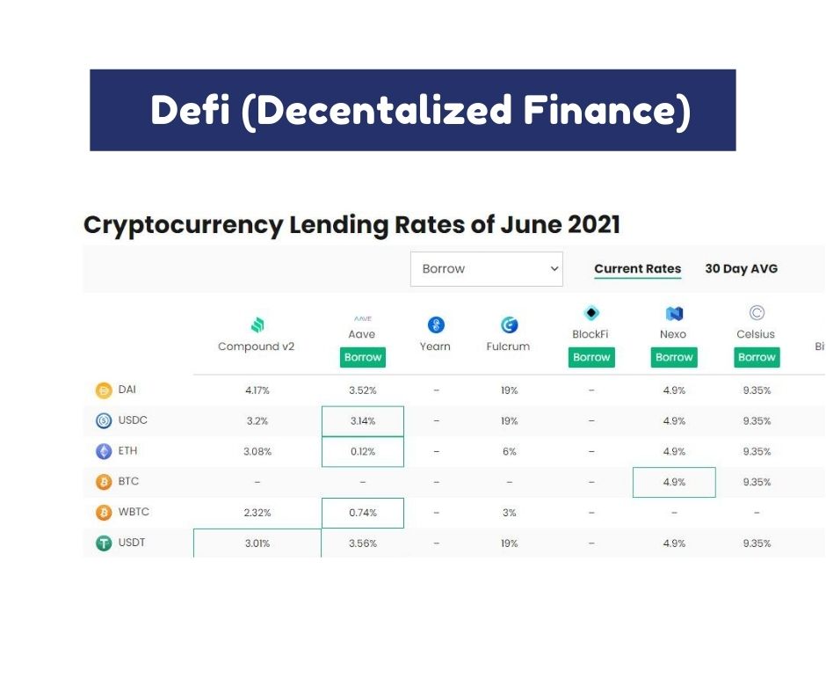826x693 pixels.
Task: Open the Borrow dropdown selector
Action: click(x=486, y=269)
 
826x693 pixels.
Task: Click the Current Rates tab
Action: click(x=637, y=268)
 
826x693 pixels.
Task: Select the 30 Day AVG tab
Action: click(x=741, y=268)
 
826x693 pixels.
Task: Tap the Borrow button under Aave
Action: click(x=362, y=357)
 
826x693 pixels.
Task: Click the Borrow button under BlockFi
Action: click(x=591, y=357)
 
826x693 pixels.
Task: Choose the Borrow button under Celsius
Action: click(x=757, y=357)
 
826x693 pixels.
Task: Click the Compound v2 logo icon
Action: click(x=257, y=325)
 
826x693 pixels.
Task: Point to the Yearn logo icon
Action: click(x=436, y=325)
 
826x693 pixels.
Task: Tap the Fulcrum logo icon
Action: click(x=509, y=325)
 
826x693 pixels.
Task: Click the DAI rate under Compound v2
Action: click(x=257, y=390)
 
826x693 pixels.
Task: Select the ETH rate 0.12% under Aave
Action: click(x=362, y=451)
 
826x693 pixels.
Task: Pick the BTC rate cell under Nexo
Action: click(x=674, y=482)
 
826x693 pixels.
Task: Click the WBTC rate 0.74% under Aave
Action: click(x=362, y=513)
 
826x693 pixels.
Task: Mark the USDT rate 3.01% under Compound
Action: click(x=257, y=543)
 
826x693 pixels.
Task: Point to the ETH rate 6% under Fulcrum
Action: click(x=509, y=451)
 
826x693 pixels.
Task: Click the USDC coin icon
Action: click(x=104, y=421)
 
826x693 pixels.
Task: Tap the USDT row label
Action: click(x=132, y=542)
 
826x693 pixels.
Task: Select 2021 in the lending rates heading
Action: click(x=594, y=224)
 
